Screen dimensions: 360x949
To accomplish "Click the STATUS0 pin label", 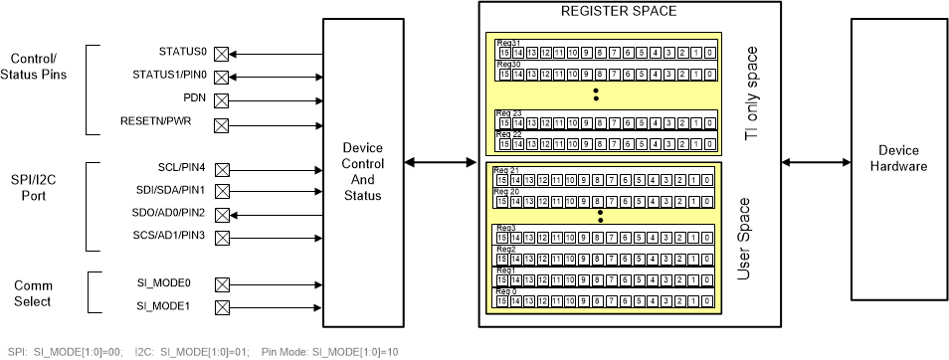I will (x=182, y=51).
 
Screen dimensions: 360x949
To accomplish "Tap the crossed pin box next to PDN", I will (x=222, y=99).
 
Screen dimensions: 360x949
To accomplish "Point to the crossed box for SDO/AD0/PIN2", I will (x=222, y=214).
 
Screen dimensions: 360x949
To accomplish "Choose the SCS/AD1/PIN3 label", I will (x=169, y=236).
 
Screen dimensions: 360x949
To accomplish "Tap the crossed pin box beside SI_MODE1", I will (x=222, y=306).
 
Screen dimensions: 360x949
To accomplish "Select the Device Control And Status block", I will (x=362, y=170).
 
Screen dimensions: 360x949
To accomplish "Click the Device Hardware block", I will (x=898, y=159).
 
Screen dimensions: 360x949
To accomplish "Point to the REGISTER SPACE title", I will (x=619, y=12).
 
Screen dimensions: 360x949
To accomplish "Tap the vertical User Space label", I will (x=741, y=239).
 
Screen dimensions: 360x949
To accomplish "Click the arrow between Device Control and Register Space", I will (x=440, y=162).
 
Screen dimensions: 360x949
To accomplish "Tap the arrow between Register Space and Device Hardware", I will (x=817, y=162).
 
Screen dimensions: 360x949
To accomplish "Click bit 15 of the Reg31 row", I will (x=504, y=52).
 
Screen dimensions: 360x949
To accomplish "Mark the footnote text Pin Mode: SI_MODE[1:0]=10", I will (x=330, y=352).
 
